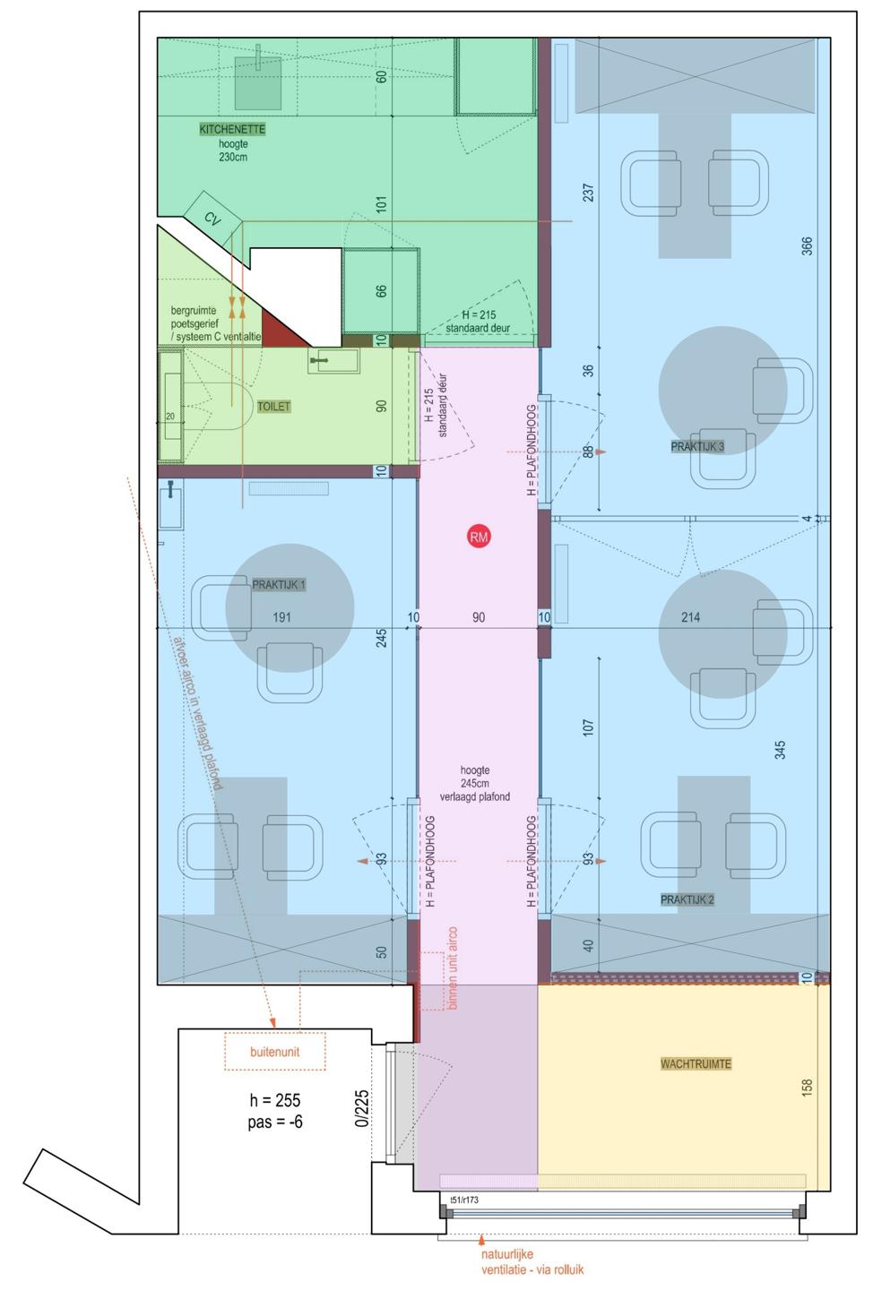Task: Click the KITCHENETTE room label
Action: pos(232,130)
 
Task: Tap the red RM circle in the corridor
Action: pos(478,537)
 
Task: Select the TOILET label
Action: pos(273,407)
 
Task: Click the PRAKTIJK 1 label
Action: pos(279,584)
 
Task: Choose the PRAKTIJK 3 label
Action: pos(697,446)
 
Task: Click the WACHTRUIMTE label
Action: pos(696,1063)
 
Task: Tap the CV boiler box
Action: pos(213,219)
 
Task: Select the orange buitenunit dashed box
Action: pos(275,1052)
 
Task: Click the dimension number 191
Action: pos(281,617)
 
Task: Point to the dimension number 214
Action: pos(690,617)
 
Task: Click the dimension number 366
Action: pos(807,245)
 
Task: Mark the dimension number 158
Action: pos(807,1087)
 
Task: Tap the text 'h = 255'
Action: pos(275,1100)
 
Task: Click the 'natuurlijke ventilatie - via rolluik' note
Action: pos(532,1261)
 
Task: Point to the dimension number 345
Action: pos(780,750)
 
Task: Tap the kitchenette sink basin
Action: pos(257,83)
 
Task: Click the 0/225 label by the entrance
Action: pos(362,1109)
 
